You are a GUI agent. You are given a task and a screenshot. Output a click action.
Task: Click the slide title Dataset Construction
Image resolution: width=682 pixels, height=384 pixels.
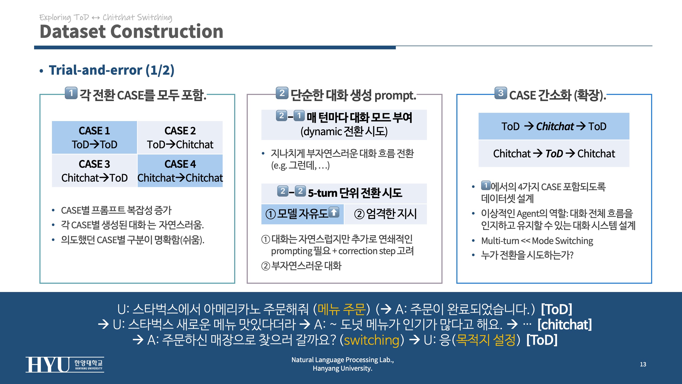click(131, 31)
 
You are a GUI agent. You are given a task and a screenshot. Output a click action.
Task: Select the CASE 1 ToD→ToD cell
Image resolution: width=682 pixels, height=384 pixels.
click(95, 138)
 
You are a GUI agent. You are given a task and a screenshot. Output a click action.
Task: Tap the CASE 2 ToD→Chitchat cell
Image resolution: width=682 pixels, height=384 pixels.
click(180, 138)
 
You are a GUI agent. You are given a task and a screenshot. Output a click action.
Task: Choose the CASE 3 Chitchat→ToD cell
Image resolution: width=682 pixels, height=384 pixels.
click(95, 171)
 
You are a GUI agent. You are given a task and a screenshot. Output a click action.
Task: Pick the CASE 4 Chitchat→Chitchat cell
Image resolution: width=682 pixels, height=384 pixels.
click(180, 171)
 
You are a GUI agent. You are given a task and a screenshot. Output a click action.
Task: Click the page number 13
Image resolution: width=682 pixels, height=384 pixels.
click(643, 364)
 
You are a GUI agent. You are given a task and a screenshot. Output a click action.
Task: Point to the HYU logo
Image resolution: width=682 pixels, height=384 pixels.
click(65, 365)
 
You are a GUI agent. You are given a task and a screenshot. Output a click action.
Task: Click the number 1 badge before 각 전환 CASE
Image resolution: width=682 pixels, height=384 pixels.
click(71, 93)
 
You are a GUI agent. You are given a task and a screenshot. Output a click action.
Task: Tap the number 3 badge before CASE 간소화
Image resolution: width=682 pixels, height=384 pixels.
click(501, 93)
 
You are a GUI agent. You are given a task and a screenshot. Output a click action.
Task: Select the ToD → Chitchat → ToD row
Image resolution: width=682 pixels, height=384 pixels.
click(554, 126)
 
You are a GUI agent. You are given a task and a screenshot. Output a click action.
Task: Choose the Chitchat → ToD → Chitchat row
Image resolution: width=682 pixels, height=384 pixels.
click(554, 154)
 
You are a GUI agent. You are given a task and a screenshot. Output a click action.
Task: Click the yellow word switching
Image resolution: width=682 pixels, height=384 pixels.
click(372, 340)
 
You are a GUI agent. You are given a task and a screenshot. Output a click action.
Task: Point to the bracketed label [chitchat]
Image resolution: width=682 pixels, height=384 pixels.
click(565, 325)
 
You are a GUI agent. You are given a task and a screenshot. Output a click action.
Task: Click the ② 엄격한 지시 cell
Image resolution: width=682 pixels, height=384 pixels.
click(385, 214)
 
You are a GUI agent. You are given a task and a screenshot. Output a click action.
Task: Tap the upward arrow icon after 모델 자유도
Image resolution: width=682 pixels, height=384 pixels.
click(334, 212)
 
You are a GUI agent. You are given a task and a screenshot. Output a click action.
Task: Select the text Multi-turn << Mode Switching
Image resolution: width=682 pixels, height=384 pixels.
click(537, 241)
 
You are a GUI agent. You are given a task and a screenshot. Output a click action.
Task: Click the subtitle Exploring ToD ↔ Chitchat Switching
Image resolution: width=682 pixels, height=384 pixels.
click(106, 18)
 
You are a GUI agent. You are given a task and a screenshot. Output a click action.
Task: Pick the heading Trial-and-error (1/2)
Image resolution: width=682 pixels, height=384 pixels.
click(112, 70)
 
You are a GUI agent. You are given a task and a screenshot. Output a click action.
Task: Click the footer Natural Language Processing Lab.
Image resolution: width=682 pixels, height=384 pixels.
click(343, 360)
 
